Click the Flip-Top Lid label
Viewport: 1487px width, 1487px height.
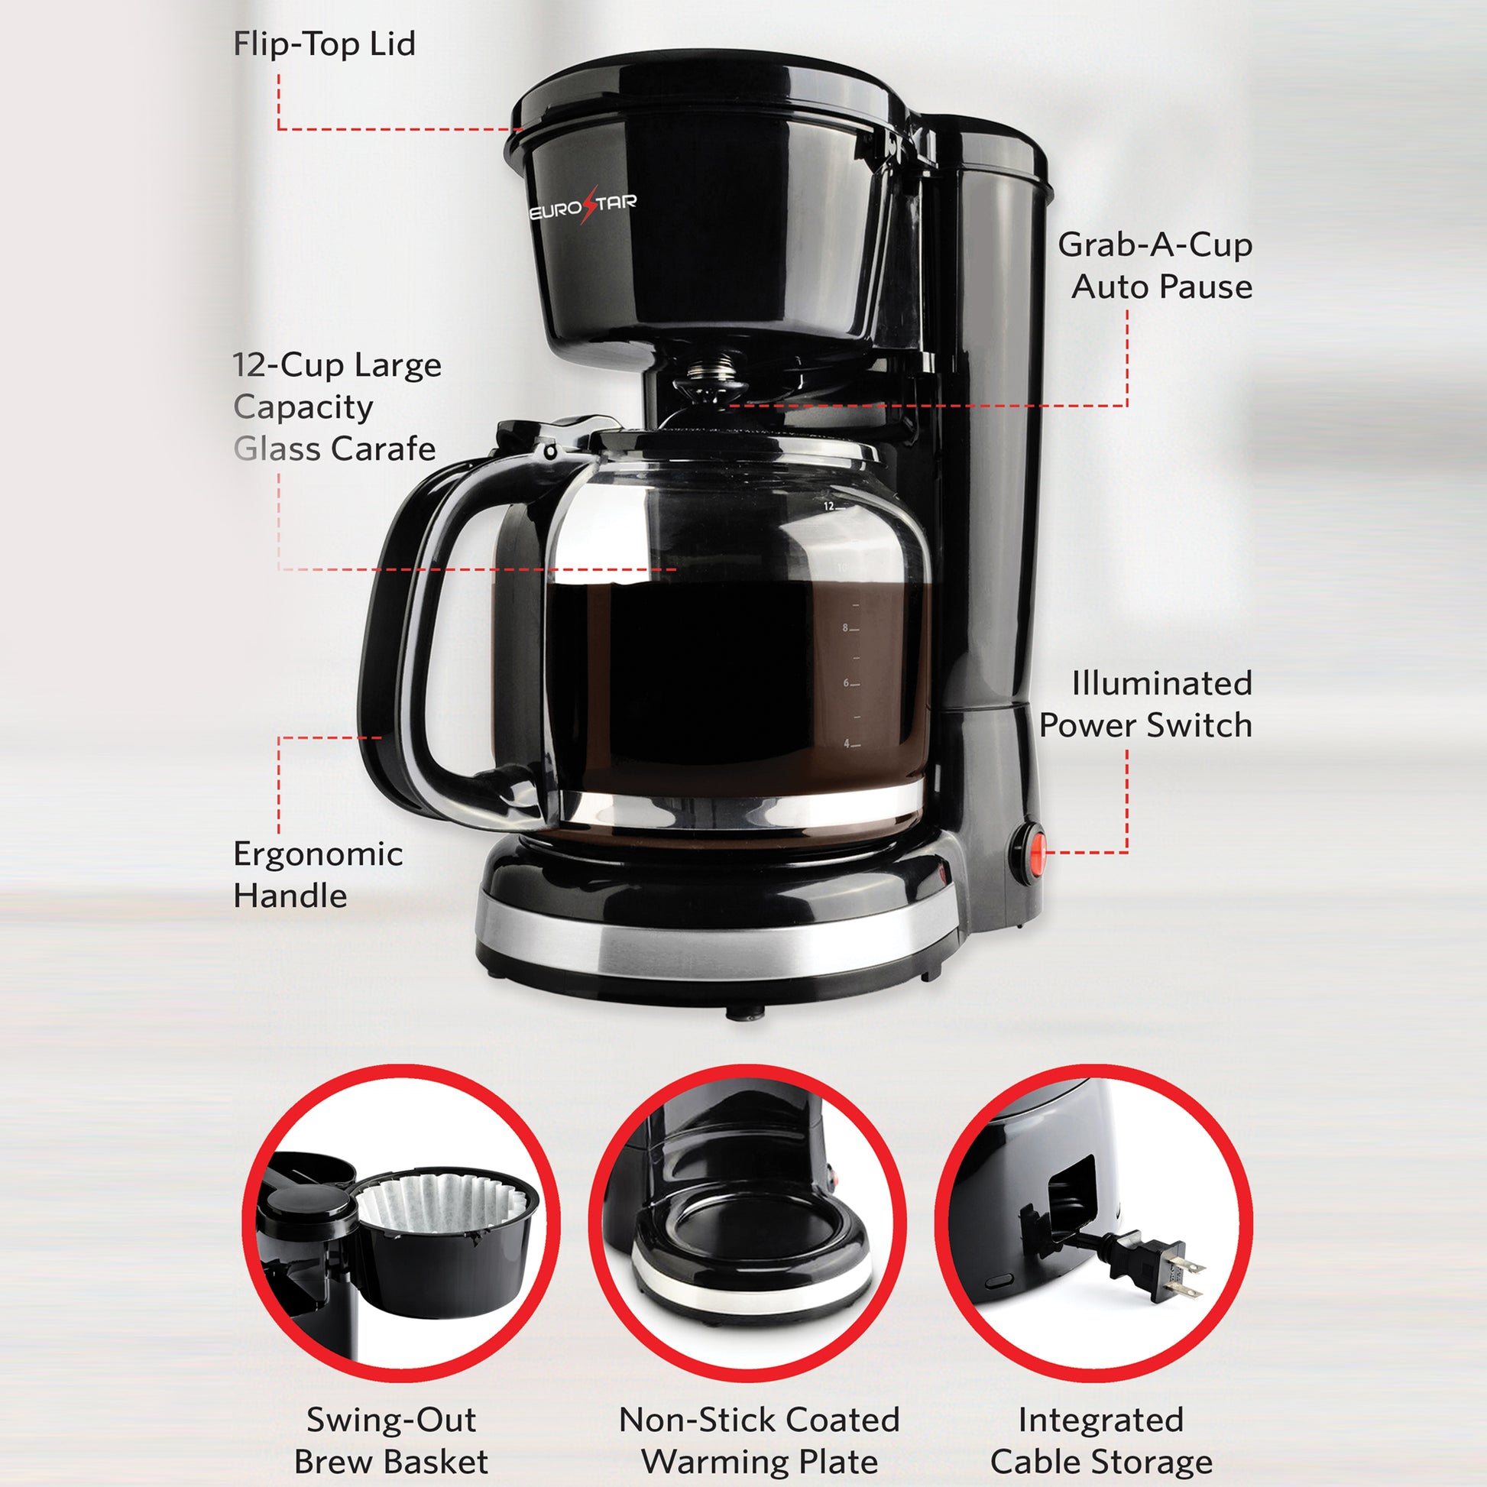pyautogui.click(x=324, y=43)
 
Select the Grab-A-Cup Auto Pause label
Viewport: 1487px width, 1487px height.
pyautogui.click(x=1155, y=266)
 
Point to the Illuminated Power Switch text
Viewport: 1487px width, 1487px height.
pyautogui.click(x=1146, y=705)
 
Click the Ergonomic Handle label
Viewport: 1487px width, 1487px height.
pyautogui.click(x=318, y=874)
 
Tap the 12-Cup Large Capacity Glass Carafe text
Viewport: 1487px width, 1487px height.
pyautogui.click(x=337, y=407)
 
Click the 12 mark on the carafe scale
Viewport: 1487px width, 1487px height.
pyautogui.click(x=828, y=507)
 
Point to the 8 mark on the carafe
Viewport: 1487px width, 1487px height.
pyautogui.click(x=845, y=628)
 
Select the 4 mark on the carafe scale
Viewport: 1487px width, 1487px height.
pyautogui.click(x=846, y=743)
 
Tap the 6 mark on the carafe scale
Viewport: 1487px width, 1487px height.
pyautogui.click(x=846, y=682)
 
